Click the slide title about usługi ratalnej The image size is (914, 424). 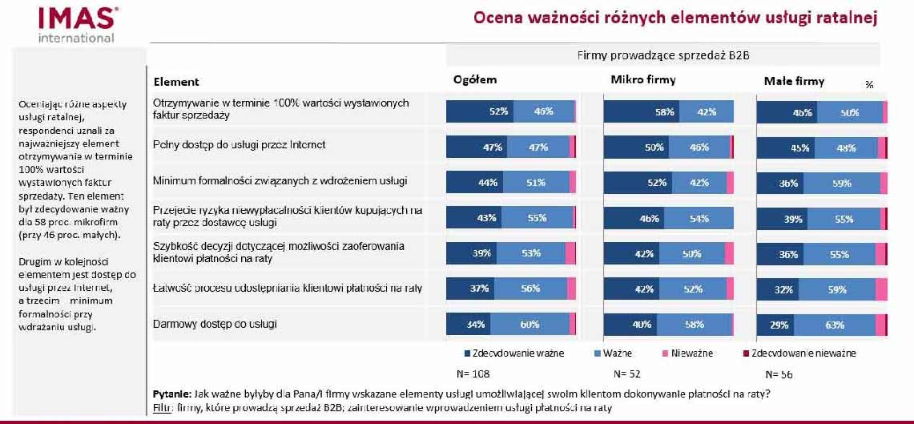pos(674,18)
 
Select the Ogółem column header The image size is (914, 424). pos(475,79)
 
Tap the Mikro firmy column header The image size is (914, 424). pos(643,79)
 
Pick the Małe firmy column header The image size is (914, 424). pos(794,81)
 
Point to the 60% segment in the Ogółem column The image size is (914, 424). pos(529,325)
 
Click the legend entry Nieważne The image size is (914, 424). pos(689,353)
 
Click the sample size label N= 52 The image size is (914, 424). pos(626,374)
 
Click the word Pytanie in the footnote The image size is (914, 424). pos(171,394)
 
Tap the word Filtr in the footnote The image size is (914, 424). pos(162,407)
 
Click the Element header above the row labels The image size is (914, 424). pos(176,82)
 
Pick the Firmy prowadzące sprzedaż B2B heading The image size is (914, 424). pos(662,55)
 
